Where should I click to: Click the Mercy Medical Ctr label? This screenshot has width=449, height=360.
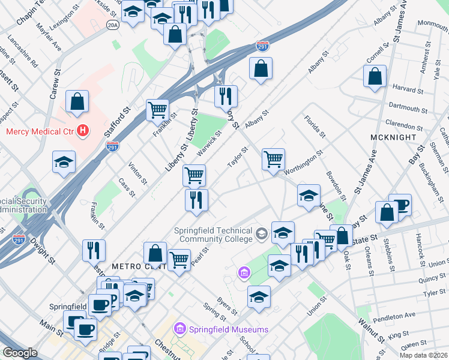point(40,131)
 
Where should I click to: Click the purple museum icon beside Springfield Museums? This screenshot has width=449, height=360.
point(179,329)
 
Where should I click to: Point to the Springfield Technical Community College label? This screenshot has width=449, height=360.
point(214,235)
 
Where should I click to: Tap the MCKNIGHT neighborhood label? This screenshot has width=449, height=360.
point(394,137)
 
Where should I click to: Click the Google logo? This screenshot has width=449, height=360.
point(20,353)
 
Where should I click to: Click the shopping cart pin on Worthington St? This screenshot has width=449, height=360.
point(273,160)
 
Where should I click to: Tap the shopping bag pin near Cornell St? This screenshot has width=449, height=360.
point(375,76)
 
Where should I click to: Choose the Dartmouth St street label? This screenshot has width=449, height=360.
point(408,108)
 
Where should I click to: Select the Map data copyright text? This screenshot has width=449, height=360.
point(423,355)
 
